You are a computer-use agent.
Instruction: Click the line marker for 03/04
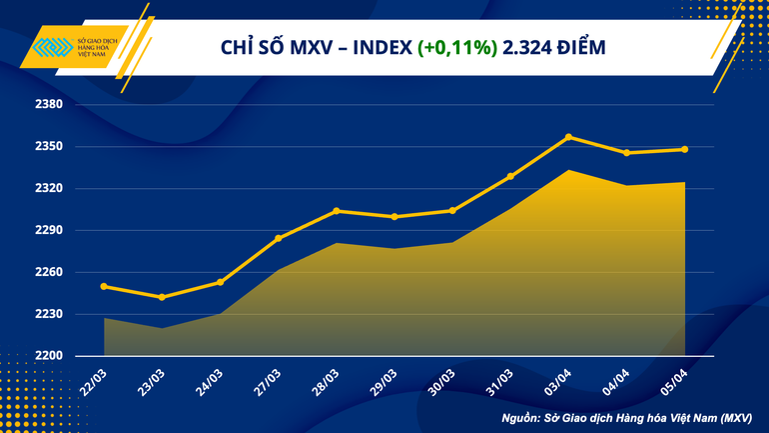[x=568, y=137]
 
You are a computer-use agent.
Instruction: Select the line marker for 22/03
[x=104, y=287]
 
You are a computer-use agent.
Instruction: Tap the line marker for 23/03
[x=162, y=297]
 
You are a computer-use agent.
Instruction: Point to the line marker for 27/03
[x=279, y=238]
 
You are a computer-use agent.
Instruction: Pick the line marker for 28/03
[x=337, y=211]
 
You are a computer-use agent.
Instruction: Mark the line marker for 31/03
[x=510, y=176]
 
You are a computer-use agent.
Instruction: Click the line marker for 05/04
[x=684, y=150]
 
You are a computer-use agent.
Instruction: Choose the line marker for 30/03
[x=452, y=211]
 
